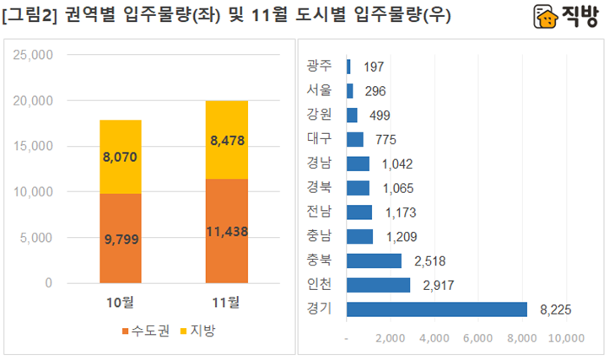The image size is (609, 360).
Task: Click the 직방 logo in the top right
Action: coord(568,17)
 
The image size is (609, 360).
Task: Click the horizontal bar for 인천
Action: coord(379,285)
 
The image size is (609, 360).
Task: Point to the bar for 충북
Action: coord(375,261)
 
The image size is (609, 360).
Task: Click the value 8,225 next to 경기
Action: coord(555,310)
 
